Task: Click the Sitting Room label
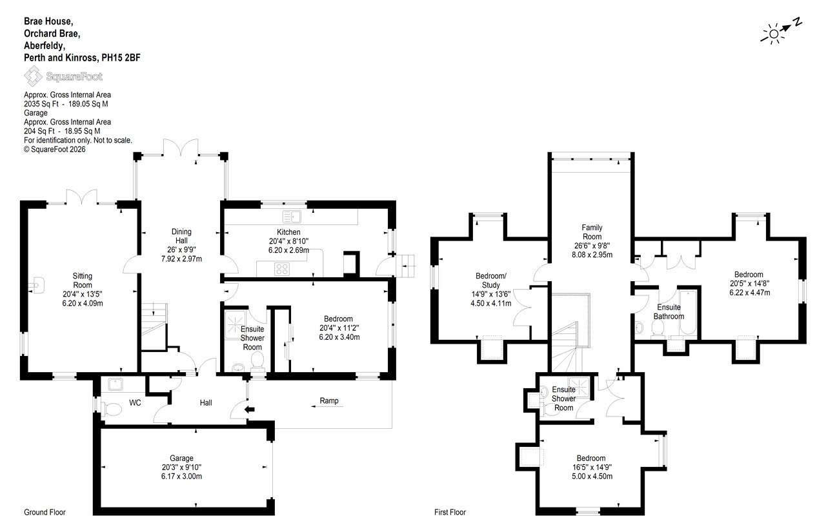pyautogui.click(x=82, y=281)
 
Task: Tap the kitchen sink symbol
pyautogui.click(x=292, y=217)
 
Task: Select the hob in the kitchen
pyautogui.click(x=282, y=268)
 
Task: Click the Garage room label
pyautogui.click(x=181, y=458)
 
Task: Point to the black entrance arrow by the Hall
pyautogui.click(x=250, y=409)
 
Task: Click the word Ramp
pyautogui.click(x=329, y=400)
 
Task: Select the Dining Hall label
pyautogui.click(x=181, y=236)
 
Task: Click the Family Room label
pyautogui.click(x=592, y=232)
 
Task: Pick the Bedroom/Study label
pyautogui.click(x=491, y=280)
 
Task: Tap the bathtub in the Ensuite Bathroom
pyautogui.click(x=688, y=312)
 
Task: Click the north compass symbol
pyautogui.click(x=781, y=33)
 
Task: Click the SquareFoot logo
pyautogui.click(x=63, y=76)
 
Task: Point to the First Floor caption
pyautogui.click(x=450, y=512)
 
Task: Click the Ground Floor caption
pyautogui.click(x=45, y=512)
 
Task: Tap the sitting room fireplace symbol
pyautogui.click(x=36, y=285)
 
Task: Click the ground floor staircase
pyautogui.click(x=154, y=326)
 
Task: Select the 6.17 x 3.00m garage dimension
pyautogui.click(x=181, y=476)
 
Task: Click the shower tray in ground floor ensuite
pyautogui.click(x=235, y=324)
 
